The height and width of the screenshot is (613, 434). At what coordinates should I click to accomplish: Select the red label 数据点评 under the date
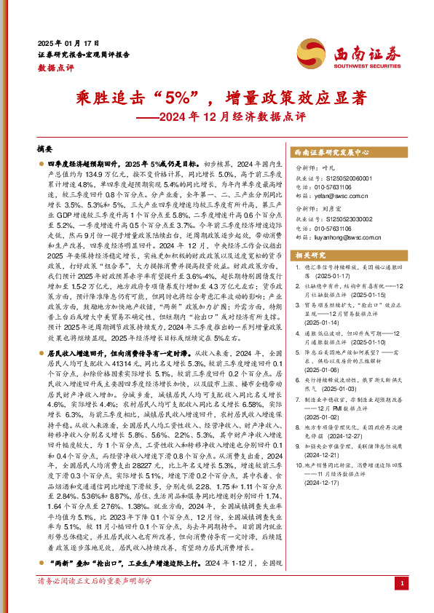52,66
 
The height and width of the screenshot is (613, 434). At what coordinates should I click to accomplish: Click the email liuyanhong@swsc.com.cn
347,236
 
